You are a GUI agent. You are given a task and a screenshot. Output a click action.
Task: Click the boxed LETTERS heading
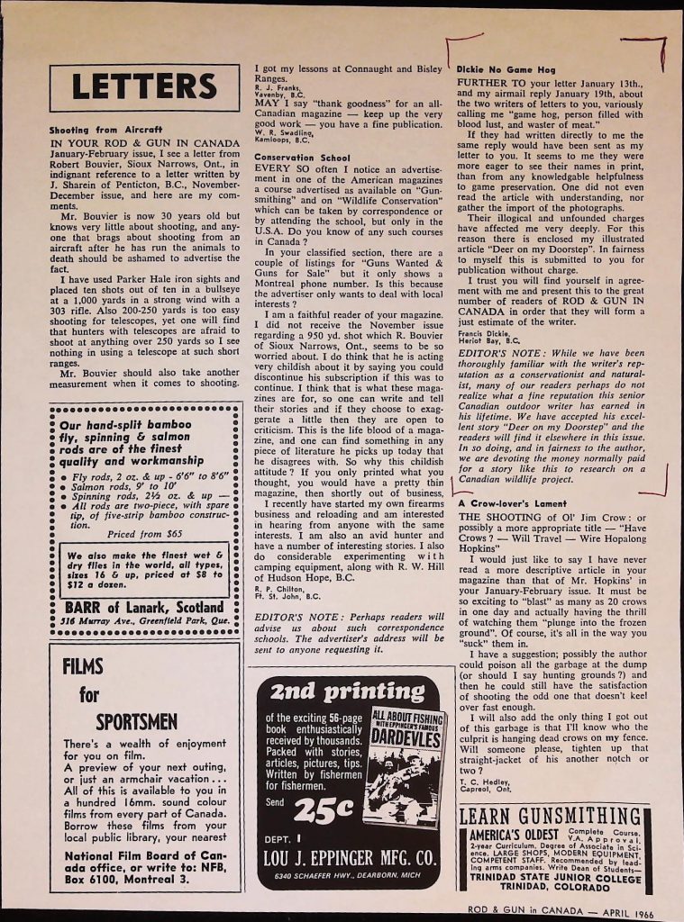[143, 86]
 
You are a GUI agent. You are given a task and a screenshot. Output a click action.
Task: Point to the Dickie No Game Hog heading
[498, 68]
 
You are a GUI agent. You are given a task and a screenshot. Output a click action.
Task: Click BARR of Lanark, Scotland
[144, 606]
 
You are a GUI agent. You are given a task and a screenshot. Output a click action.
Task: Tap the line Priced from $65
[145, 533]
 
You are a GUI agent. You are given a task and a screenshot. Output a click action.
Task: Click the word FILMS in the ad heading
[84, 668]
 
